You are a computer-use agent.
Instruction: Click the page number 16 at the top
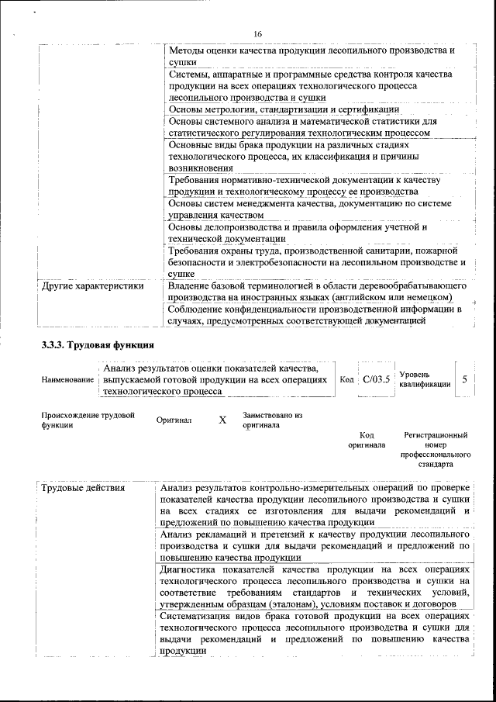pyautogui.click(x=257, y=33)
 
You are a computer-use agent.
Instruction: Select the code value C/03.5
pyautogui.click(x=377, y=380)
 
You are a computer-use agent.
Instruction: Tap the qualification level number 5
pyautogui.click(x=464, y=379)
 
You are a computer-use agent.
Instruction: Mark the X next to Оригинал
pyautogui.click(x=222, y=420)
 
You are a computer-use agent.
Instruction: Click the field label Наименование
pyautogui.click(x=68, y=380)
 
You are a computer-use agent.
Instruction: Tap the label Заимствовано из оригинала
pyautogui.click(x=272, y=420)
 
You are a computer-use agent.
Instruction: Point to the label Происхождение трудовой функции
pyautogui.click(x=88, y=420)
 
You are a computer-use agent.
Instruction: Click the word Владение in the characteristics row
pyautogui.click(x=190, y=285)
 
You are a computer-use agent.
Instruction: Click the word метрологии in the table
pyautogui.click(x=226, y=109)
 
